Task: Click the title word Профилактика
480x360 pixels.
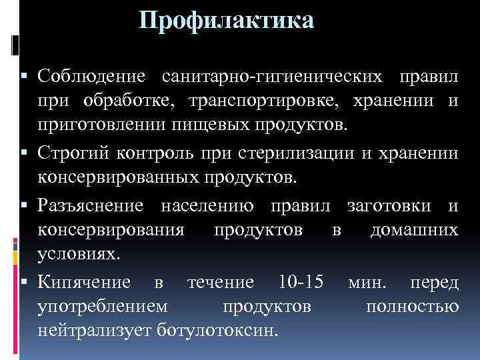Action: tap(226, 21)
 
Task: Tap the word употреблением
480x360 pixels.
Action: tap(103, 307)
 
